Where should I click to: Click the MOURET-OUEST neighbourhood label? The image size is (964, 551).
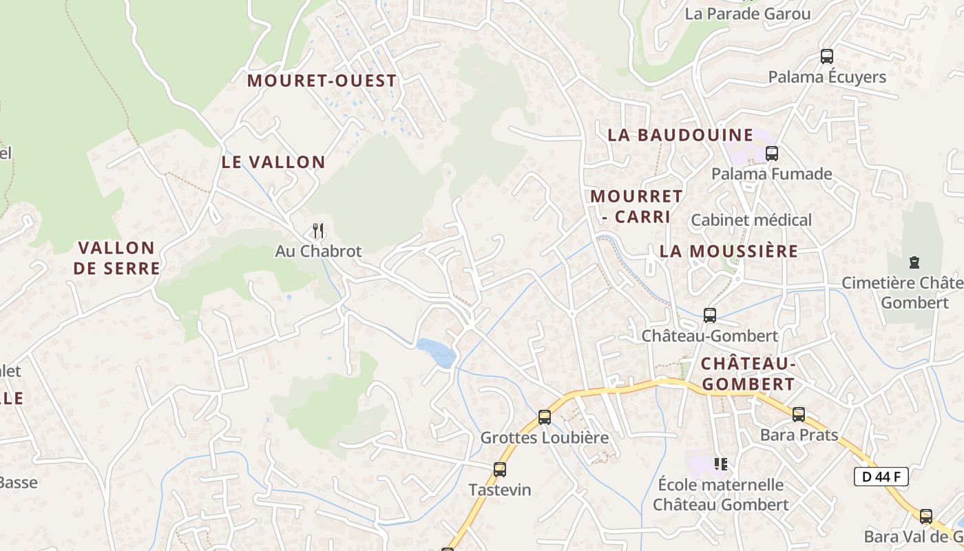(x=322, y=81)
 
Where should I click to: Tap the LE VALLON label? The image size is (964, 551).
(x=273, y=162)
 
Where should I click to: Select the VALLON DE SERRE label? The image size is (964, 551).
(x=116, y=258)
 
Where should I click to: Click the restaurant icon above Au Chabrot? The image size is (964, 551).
(x=317, y=230)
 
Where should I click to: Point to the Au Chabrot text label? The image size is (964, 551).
(x=318, y=251)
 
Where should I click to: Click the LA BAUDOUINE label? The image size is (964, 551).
(x=680, y=135)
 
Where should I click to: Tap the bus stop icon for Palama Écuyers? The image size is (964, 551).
(x=827, y=56)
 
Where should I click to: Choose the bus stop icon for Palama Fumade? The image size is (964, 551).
(x=772, y=154)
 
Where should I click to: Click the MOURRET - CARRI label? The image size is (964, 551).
(x=636, y=206)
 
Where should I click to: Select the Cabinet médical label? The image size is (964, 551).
(x=751, y=220)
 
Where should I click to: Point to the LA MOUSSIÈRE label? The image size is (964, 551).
(x=729, y=251)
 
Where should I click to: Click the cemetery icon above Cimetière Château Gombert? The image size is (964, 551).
(x=914, y=262)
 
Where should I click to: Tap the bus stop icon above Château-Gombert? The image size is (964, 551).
(x=710, y=315)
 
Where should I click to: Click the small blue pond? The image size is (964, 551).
(x=437, y=352)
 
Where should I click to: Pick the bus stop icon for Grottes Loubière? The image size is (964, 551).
(x=545, y=417)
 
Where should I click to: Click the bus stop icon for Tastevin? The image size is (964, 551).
(x=500, y=470)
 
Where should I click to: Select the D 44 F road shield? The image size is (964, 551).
(x=881, y=476)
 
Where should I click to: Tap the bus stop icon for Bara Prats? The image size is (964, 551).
(x=799, y=415)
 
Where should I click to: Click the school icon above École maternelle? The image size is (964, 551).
(x=721, y=464)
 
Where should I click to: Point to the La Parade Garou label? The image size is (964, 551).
(x=748, y=14)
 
